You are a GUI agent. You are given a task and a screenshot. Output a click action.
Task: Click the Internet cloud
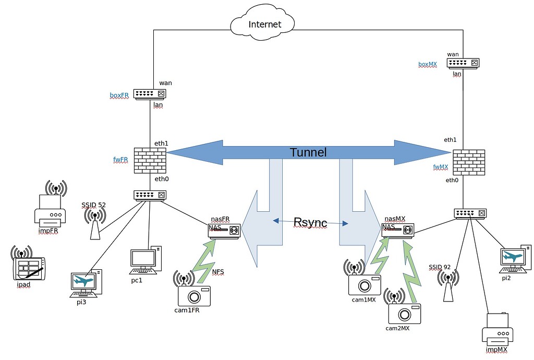coord(264,24)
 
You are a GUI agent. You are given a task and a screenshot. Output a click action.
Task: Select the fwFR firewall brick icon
coord(150,160)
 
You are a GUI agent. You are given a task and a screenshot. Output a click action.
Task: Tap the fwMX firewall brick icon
coord(469,162)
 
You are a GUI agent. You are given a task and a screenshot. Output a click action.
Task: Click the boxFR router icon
coord(150,94)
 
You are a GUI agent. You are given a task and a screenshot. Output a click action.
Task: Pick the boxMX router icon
coord(463,63)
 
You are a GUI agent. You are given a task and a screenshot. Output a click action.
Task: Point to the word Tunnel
coord(308,152)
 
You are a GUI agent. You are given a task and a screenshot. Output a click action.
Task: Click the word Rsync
coord(310,223)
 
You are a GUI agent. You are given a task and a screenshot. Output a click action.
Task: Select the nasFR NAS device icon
coord(224,230)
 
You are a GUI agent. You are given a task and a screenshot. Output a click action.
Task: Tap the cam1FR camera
coord(194,296)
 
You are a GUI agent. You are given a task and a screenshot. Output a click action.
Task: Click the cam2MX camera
coord(404,313)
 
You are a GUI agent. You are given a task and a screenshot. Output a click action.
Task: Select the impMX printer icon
coord(497,332)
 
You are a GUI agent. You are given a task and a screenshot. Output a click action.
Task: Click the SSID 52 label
coord(93,205)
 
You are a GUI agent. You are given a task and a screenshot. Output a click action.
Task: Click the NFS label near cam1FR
coord(219,271)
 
